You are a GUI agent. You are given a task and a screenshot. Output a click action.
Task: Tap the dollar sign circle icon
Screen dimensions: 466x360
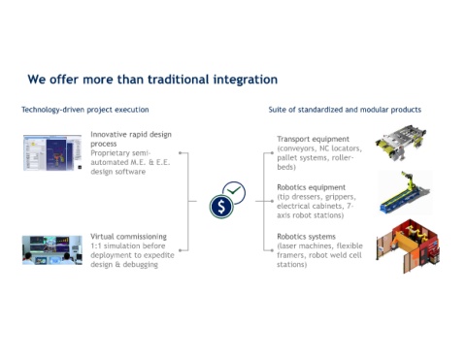click(221, 207)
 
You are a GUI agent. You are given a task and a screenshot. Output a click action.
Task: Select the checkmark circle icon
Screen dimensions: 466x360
click(235, 192)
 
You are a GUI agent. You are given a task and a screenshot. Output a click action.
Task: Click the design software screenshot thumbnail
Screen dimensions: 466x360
click(52, 152)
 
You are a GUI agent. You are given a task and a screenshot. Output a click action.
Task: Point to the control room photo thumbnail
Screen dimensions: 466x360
click(52, 250)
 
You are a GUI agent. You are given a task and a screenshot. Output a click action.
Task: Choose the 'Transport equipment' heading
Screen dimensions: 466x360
click(313, 139)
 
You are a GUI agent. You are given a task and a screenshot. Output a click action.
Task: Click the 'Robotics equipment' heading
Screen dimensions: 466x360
click(311, 187)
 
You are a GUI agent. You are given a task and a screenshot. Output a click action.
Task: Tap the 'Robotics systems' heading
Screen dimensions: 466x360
click(306, 237)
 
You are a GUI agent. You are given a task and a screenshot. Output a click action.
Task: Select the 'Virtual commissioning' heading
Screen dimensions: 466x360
click(128, 237)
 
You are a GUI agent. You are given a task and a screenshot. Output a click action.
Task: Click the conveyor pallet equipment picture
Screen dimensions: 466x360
click(401, 143)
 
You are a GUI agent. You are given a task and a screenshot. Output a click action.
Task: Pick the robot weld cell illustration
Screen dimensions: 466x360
click(408, 245)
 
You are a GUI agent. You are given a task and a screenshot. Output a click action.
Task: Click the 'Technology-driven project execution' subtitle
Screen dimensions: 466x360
click(85, 110)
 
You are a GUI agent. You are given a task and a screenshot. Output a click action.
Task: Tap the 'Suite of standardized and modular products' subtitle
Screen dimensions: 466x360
click(345, 110)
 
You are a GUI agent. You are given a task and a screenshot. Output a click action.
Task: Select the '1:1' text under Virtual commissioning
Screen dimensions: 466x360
click(96, 245)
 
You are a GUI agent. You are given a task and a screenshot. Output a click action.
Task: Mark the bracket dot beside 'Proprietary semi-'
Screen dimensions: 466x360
click(181, 152)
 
